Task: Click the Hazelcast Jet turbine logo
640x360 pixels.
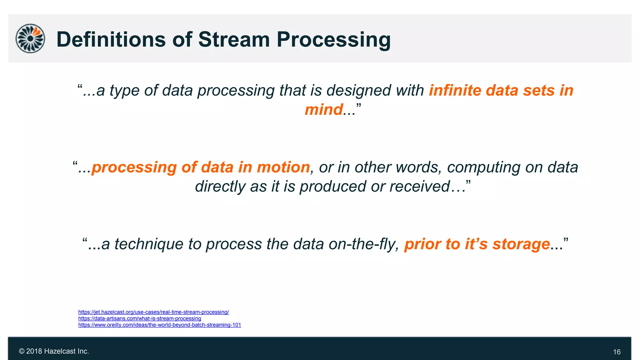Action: pos(30,38)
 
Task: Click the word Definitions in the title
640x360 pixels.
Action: pos(111,40)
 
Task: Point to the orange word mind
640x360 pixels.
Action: pos(323,110)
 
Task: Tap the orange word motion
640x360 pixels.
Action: pos(283,167)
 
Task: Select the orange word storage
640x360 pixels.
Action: pos(521,244)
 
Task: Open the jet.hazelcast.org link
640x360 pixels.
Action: pos(153,312)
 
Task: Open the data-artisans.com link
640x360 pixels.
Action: pos(139,318)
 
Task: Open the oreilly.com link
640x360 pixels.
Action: pos(159,325)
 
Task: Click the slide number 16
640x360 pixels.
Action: pos(617,352)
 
